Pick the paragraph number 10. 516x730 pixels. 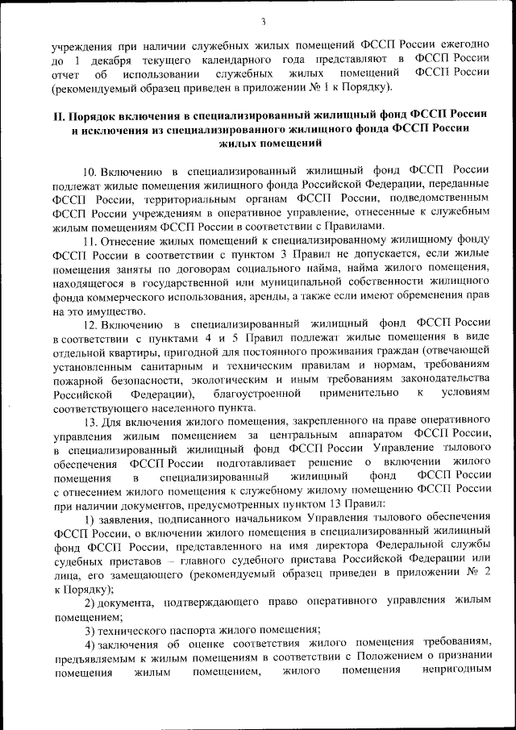point(89,170)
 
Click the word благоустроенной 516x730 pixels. point(258,394)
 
